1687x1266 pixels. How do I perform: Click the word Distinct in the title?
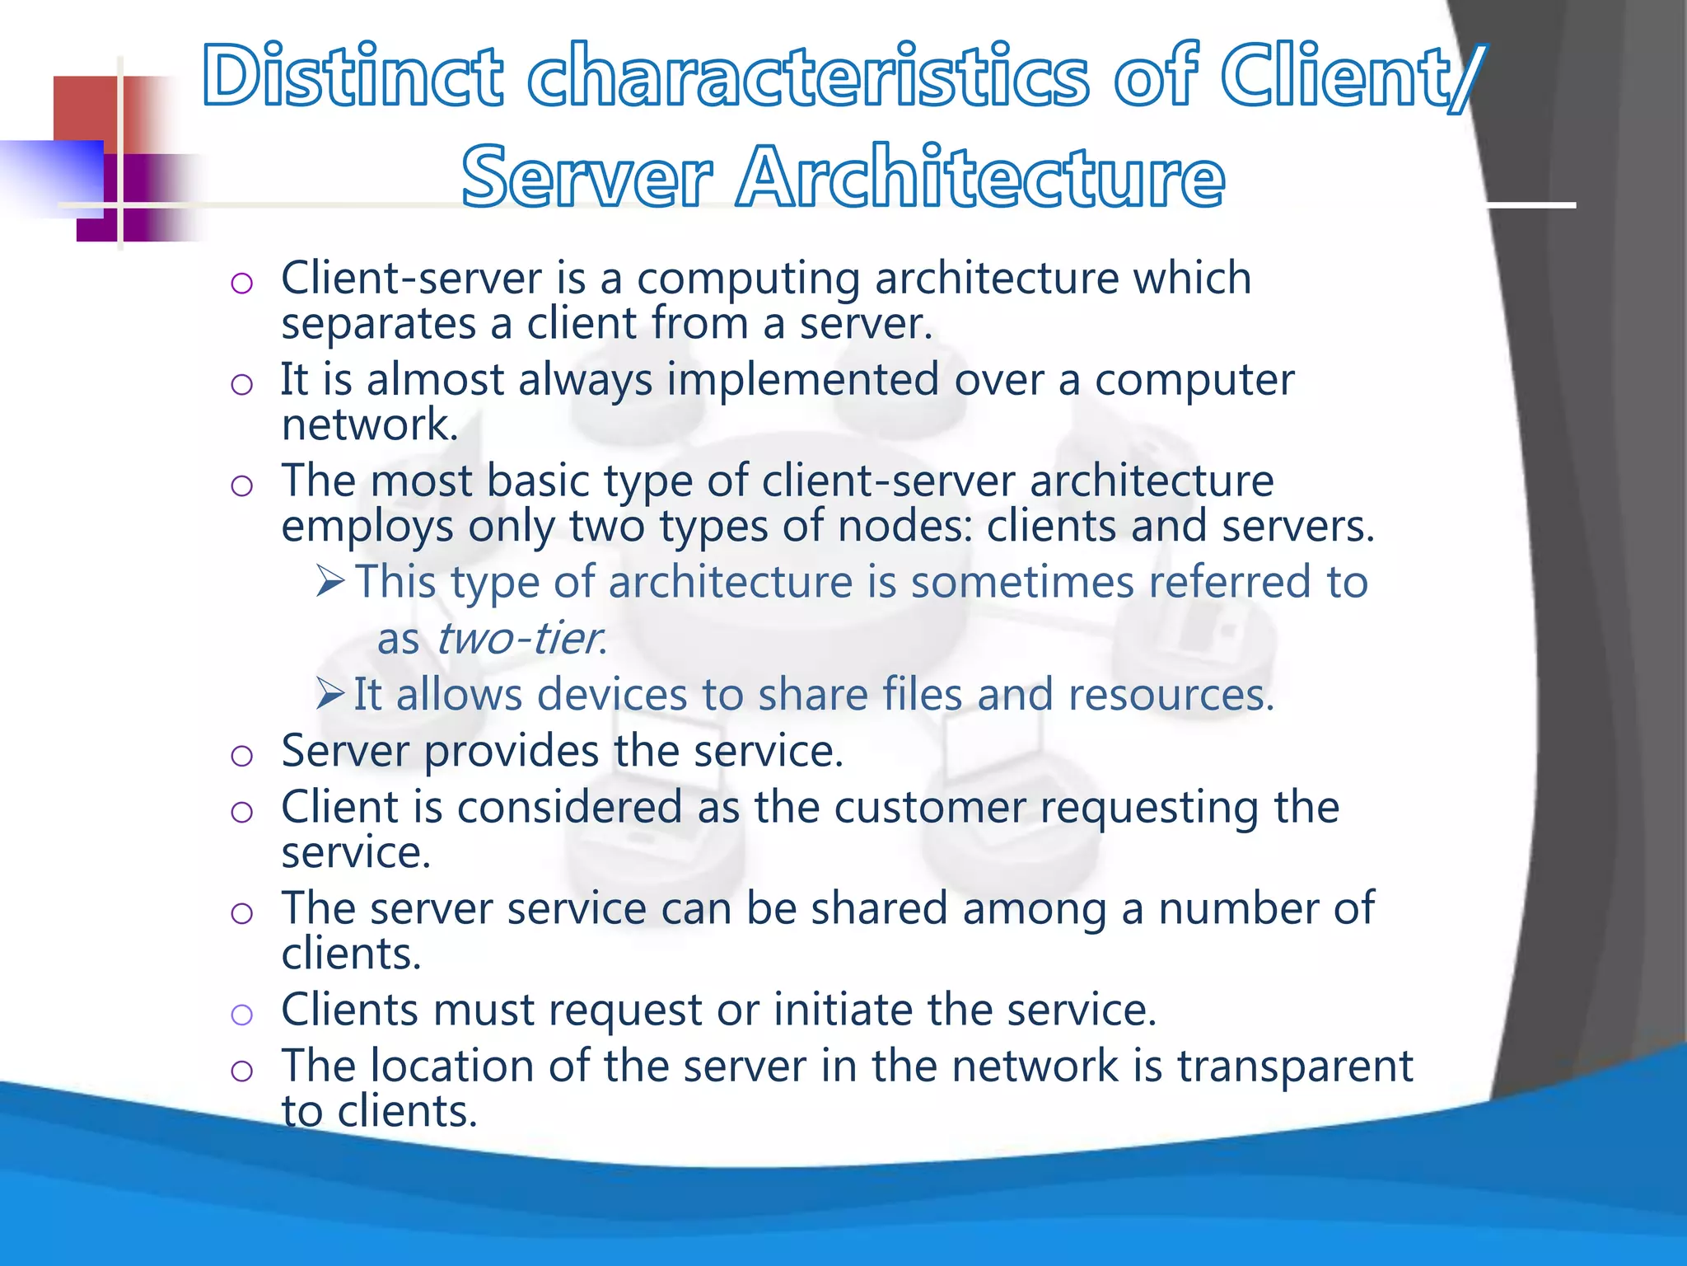tap(353, 76)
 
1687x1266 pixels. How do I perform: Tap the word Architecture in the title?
tap(980, 176)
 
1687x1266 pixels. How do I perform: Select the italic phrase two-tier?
tap(521, 638)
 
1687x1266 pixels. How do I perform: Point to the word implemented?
tap(802, 380)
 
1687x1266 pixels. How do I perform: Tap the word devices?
tap(611, 694)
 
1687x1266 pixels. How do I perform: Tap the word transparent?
tap(1295, 1067)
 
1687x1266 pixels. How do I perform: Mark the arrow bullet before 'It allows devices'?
tap(329, 694)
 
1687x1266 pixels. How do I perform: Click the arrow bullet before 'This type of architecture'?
tap(329, 582)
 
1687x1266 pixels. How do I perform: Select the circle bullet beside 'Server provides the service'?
tap(241, 755)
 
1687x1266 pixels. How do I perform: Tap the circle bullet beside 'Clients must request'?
tap(241, 1014)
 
